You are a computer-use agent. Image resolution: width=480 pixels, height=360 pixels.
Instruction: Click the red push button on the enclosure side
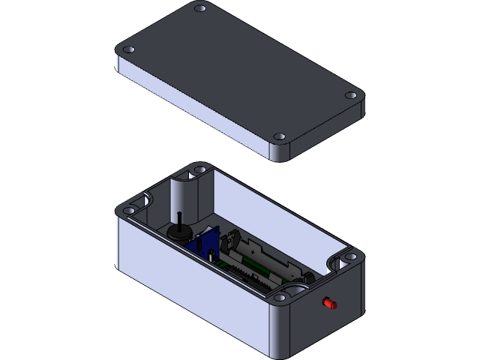pos(328,304)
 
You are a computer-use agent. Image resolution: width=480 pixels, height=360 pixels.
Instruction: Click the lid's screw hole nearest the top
pos(199,9)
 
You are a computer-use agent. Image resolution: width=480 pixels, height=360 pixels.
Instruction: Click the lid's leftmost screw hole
pos(129,49)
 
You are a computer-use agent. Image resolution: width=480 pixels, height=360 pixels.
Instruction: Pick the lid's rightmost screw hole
pos(351,96)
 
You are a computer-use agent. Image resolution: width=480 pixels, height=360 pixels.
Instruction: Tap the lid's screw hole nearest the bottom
pos(280,137)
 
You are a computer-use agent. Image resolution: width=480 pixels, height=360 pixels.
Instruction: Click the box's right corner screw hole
pos(349,257)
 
